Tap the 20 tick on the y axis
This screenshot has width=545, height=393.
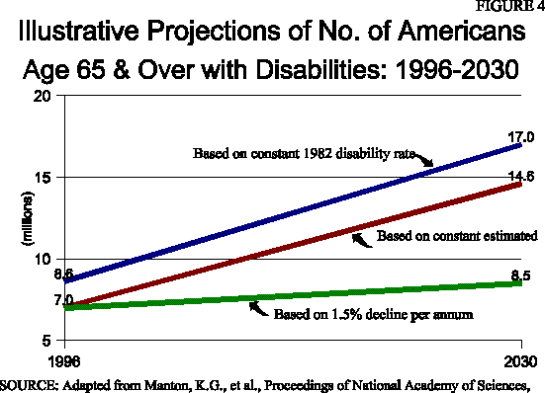click(x=42, y=97)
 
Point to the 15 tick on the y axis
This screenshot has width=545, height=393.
click(x=42, y=178)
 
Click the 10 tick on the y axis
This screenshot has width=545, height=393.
click(x=42, y=259)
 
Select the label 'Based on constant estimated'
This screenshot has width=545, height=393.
click(x=456, y=236)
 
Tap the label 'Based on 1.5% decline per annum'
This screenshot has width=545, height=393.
click(x=359, y=314)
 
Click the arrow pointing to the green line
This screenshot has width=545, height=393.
click(x=259, y=308)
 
